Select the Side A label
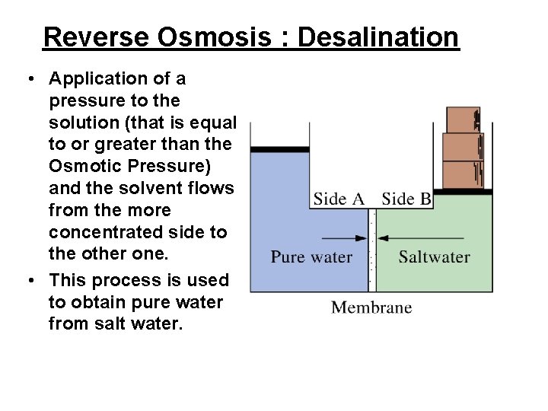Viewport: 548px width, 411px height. [x=339, y=199]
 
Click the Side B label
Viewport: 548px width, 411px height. [x=406, y=199]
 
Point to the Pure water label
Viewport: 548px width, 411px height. [x=311, y=256]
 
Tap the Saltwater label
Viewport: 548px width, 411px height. [x=434, y=256]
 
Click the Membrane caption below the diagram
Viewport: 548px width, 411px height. [x=371, y=307]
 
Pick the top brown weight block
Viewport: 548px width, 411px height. [x=463, y=120]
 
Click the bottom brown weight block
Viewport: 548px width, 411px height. [x=463, y=174]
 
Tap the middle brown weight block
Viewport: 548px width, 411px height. [x=463, y=147]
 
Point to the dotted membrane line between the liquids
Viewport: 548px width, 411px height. [x=372, y=251]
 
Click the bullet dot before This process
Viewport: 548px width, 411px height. [x=31, y=281]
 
